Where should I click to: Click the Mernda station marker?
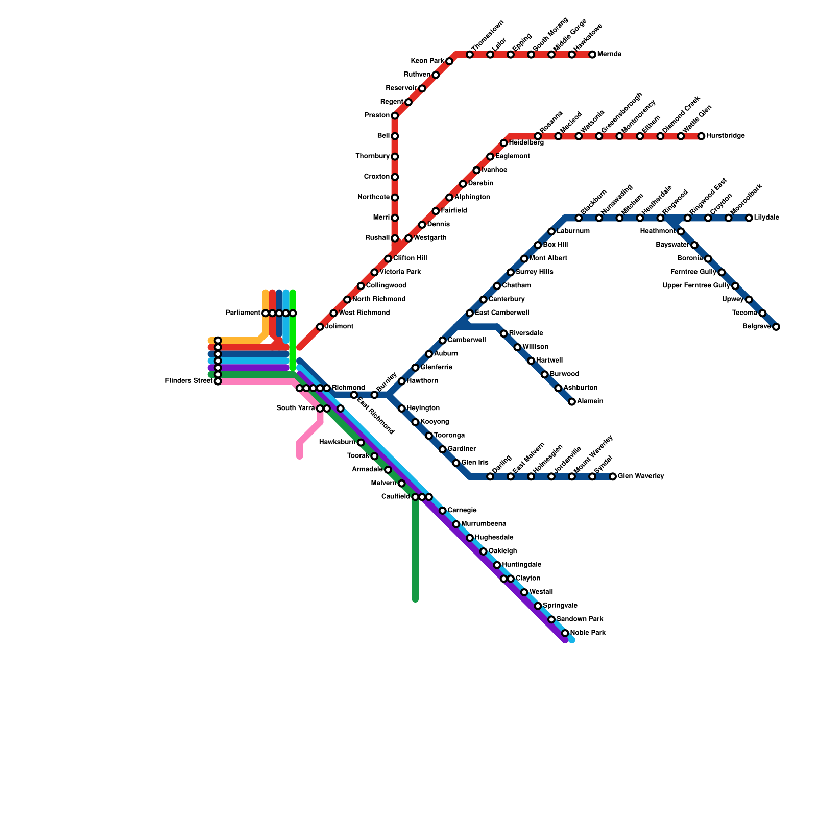tap(592, 55)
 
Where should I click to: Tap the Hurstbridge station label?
tap(725, 136)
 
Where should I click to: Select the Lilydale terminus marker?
tap(749, 218)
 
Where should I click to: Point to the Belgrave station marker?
tap(776, 327)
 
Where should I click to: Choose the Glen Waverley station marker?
tap(613, 477)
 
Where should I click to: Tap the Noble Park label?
tap(588, 633)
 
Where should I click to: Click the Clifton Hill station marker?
tap(388, 259)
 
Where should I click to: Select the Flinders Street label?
tap(189, 381)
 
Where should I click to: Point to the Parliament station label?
tap(243, 313)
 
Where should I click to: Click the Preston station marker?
tap(395, 116)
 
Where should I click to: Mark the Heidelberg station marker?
tap(504, 143)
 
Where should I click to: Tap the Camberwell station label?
tap(466, 340)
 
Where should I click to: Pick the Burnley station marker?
tap(374, 395)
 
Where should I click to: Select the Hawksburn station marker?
tap(361, 443)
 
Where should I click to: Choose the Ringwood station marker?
tap(660, 218)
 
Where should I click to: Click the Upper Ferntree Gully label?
tap(696, 286)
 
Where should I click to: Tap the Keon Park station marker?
tap(449, 62)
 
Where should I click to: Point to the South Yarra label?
tap(296, 408)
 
